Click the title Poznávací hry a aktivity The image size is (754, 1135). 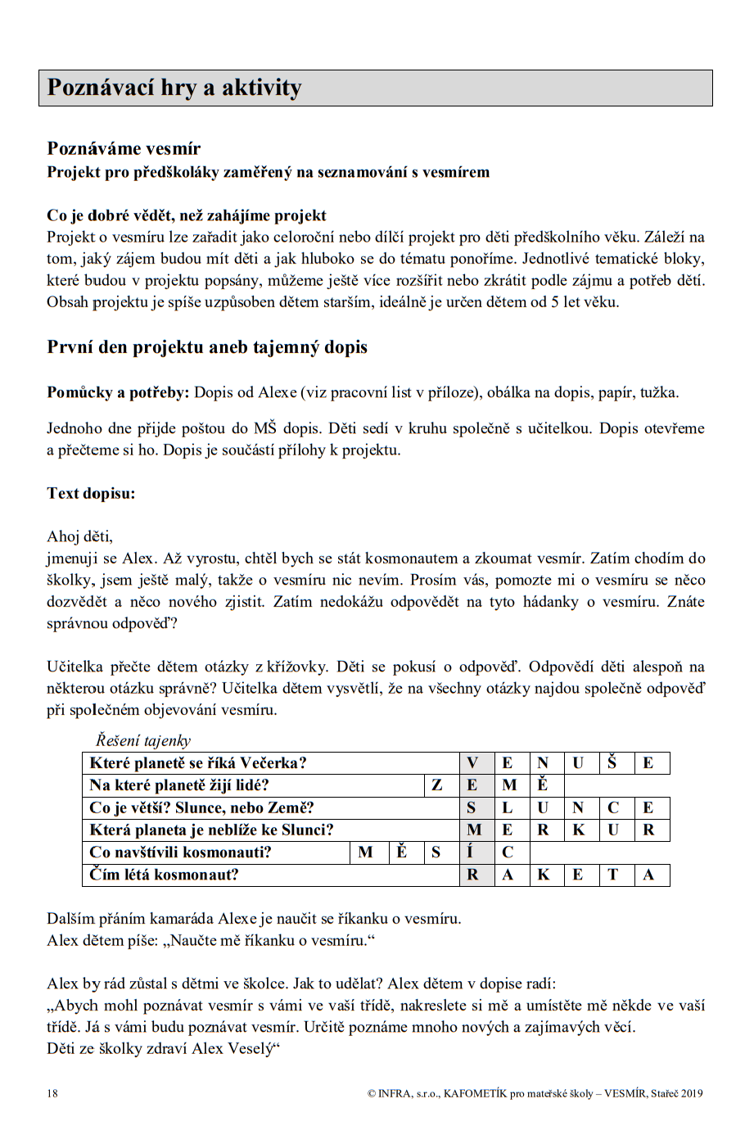[x=174, y=88]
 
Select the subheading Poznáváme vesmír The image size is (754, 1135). [x=124, y=148]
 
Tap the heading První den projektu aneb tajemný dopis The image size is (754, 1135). [x=207, y=346]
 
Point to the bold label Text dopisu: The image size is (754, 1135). [x=91, y=493]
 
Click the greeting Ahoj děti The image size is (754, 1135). [x=79, y=536]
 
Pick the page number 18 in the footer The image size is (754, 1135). [x=52, y=1092]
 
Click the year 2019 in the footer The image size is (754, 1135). [x=692, y=1092]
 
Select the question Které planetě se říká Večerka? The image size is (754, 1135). [x=198, y=763]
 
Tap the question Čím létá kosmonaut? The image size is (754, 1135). [x=164, y=875]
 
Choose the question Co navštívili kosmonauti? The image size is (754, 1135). [x=180, y=852]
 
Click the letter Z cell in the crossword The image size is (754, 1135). [x=437, y=785]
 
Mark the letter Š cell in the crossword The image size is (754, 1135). [x=612, y=763]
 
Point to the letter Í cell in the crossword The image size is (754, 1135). [x=472, y=852]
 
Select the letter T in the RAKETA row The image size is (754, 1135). [x=612, y=875]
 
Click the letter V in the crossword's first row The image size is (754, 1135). [x=472, y=763]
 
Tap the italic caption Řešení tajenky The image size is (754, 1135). [x=143, y=740]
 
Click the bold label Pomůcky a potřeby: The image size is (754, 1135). [x=118, y=392]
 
